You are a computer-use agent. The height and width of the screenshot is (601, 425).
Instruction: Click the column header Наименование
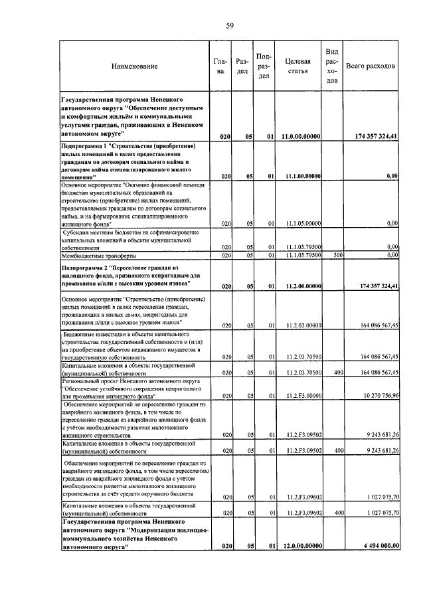(135, 66)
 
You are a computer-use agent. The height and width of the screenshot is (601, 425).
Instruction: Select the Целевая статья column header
(297, 66)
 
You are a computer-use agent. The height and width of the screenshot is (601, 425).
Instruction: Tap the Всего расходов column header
(371, 66)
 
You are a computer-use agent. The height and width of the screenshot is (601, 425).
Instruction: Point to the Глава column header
(220, 66)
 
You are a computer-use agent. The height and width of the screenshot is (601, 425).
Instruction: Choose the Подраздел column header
(264, 66)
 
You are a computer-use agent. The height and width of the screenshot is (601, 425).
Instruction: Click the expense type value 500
(337, 255)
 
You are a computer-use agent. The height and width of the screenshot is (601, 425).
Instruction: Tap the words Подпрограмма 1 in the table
(84, 145)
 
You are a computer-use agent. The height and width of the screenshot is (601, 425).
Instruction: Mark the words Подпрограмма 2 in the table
(84, 267)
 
